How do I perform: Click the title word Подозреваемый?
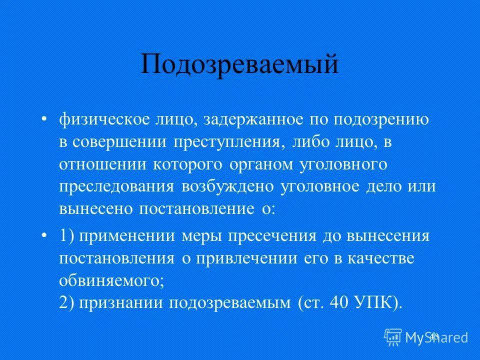tap(239, 64)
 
